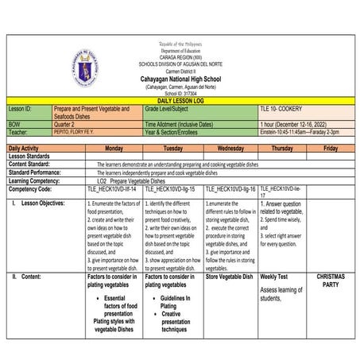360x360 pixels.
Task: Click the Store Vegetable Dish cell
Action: point(229,277)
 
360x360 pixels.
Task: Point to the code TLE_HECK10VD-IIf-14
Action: point(112,190)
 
